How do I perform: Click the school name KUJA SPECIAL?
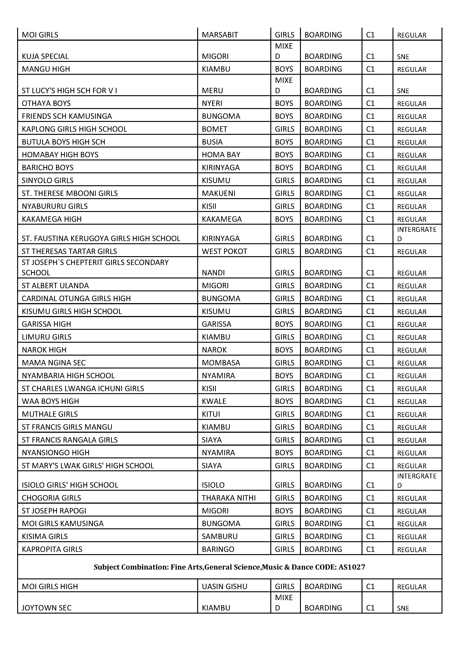point(45,56)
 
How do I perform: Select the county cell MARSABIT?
point(220,35)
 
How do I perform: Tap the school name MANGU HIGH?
point(46,69)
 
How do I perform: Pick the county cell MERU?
point(212,91)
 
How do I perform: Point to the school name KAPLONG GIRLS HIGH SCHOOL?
point(74,129)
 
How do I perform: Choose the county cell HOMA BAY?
point(221,155)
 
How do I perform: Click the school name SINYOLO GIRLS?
point(48,180)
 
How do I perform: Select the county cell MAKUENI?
point(219,193)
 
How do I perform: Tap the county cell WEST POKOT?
point(224,251)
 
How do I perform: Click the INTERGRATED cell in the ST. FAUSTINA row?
point(416,234)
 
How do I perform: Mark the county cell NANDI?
point(213,273)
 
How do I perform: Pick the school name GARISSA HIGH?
point(46,324)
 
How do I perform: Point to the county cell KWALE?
point(214,401)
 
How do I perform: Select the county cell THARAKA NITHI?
point(229,498)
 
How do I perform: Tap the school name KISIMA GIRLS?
point(45,536)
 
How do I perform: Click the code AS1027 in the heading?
point(352,567)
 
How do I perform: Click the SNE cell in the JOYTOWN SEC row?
point(403,608)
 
